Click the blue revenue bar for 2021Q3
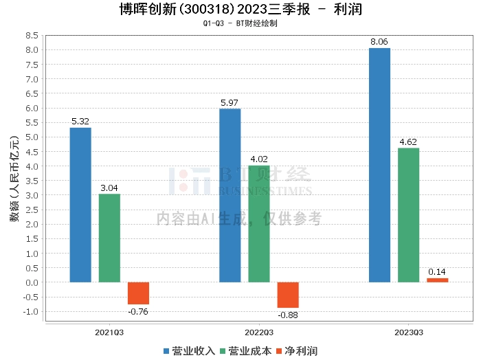click(80, 205)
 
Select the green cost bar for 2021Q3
click(109, 238)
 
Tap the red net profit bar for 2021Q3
click(138, 293)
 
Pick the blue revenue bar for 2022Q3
click(230, 195)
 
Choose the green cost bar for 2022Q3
click(259, 224)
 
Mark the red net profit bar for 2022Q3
click(288, 295)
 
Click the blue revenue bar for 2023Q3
click(379, 165)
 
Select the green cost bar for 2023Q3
click(408, 215)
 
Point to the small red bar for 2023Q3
click(437, 280)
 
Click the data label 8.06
click(379, 42)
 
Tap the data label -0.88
click(288, 315)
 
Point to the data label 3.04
click(109, 188)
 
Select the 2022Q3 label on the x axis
click(259, 333)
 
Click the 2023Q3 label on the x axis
click(408, 333)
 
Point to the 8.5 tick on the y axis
click(31, 35)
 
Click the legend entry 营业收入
click(190, 350)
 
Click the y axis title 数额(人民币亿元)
click(14, 177)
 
